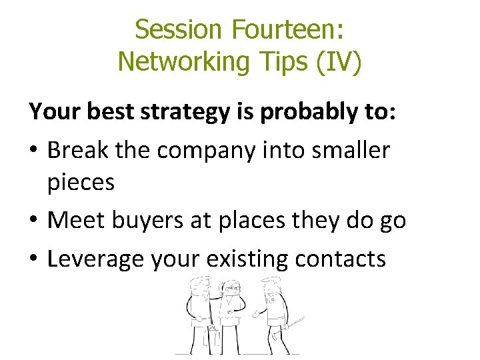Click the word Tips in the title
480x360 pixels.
279,61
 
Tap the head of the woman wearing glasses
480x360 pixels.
232,287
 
